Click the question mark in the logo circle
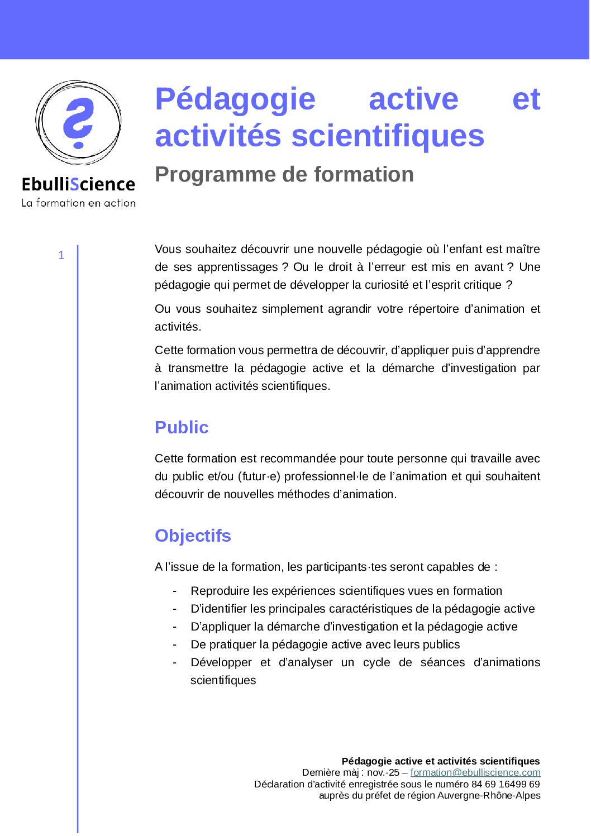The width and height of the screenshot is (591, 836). point(78,123)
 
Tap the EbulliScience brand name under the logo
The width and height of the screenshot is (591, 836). point(78,184)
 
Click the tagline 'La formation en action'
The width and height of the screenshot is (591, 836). point(78,203)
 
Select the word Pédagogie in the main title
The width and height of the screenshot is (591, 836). point(235,100)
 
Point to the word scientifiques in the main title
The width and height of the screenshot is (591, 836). point(388,136)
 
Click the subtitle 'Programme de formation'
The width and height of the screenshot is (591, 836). point(284,175)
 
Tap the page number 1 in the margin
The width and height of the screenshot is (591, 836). point(61,256)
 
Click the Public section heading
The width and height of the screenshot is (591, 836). point(182,428)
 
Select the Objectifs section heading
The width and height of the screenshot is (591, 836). point(193,536)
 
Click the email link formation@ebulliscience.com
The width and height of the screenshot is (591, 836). point(475,772)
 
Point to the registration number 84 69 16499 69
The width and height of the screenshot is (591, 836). point(506,784)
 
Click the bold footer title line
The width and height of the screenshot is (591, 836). point(440,761)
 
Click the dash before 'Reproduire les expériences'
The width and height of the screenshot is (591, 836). point(175,591)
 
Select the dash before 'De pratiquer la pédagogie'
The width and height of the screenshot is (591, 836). point(175,644)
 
